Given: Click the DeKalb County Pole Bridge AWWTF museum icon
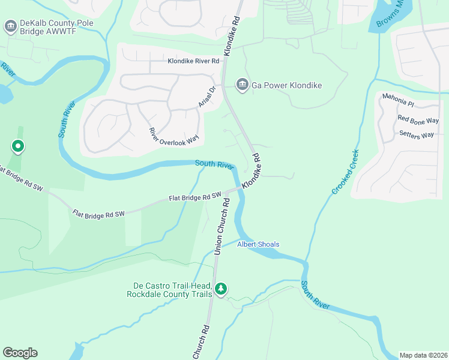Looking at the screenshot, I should point(10,26).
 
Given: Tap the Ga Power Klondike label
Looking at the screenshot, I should point(287,85).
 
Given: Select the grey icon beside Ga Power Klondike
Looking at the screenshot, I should point(243,85).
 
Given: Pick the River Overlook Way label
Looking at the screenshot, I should point(173,137).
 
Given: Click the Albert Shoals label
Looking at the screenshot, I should point(258,244).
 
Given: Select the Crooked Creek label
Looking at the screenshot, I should point(346,172).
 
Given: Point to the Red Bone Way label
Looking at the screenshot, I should point(418,121).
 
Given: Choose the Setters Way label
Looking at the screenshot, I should point(416,135).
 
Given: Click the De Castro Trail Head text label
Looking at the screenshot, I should point(169,290).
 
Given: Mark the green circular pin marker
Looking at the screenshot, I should point(18,146).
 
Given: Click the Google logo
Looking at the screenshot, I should point(20,353).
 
